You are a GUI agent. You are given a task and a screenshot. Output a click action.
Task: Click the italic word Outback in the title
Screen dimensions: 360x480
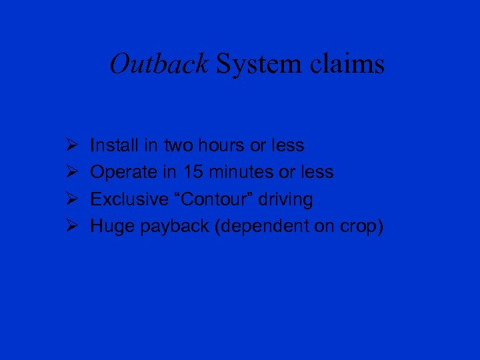click(159, 65)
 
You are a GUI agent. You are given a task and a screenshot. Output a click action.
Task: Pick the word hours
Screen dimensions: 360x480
click(219, 145)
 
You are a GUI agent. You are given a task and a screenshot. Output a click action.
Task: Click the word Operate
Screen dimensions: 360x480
click(123, 173)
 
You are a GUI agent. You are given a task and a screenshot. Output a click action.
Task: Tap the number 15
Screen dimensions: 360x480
click(192, 172)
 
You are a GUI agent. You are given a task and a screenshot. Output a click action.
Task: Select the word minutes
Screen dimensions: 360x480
click(240, 172)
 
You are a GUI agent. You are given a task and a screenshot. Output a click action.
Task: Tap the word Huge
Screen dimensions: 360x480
click(111, 227)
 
